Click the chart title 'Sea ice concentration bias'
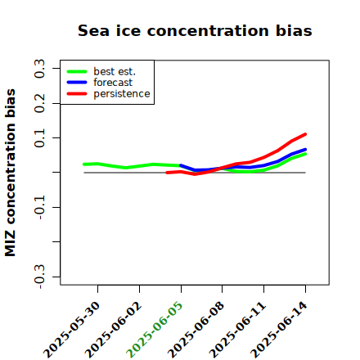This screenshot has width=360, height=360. [x=195, y=30]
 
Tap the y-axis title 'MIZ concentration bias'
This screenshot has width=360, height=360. [x=11, y=173]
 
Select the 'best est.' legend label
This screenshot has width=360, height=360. [x=115, y=71]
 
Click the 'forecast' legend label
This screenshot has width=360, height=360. [x=113, y=83]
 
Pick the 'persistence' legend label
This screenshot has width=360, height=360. [x=122, y=94]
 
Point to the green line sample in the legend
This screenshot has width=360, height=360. [x=77, y=71]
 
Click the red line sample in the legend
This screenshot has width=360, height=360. [x=77, y=94]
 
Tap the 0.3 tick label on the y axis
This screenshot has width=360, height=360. [x=40, y=69]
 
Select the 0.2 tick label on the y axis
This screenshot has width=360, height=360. [x=40, y=103]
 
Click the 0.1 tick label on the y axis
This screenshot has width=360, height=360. [x=40, y=138]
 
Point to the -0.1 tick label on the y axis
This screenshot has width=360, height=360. [x=40, y=207]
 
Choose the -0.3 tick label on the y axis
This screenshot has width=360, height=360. [x=40, y=277]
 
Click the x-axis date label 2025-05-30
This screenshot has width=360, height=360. [x=71, y=330]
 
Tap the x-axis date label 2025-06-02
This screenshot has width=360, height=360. [x=113, y=330]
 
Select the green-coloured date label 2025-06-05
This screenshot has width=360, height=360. [x=155, y=330]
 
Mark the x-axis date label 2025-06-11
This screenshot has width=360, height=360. [x=237, y=330]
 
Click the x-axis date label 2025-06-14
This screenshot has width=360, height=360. [x=279, y=330]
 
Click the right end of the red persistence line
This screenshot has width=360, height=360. [x=305, y=134]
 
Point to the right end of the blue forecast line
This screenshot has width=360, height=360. [x=305, y=150]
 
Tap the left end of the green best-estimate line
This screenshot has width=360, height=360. [x=84, y=164]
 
